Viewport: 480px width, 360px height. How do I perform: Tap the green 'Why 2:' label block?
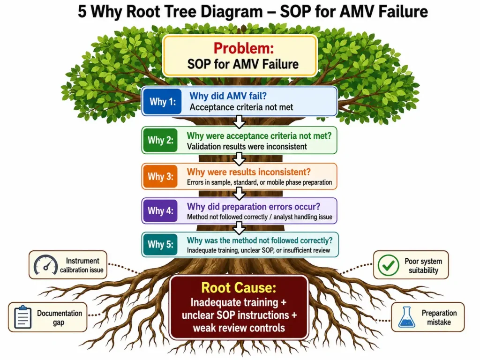160,140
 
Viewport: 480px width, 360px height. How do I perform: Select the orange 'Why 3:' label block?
160,176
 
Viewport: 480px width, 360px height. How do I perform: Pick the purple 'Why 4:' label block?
160,210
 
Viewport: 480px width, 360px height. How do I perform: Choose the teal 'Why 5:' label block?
160,244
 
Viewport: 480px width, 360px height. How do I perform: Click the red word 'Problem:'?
244,48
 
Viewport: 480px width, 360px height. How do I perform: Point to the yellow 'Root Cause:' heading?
239,287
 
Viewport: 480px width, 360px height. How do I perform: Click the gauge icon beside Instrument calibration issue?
45,265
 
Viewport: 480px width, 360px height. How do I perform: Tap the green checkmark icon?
388,265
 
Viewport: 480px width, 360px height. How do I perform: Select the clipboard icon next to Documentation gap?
23,317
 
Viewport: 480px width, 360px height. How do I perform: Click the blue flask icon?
406,317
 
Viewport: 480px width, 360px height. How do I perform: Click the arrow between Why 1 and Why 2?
239,121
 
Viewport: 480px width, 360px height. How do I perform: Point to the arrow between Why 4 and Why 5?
239,228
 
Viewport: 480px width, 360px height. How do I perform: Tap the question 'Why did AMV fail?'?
228,96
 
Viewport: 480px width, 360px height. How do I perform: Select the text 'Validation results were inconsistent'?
247,147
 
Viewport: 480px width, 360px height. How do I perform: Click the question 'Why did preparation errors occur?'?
254,207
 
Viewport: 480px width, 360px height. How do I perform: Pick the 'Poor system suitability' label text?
423,266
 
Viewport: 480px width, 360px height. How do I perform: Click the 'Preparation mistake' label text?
439,317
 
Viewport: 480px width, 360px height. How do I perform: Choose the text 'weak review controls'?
239,328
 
